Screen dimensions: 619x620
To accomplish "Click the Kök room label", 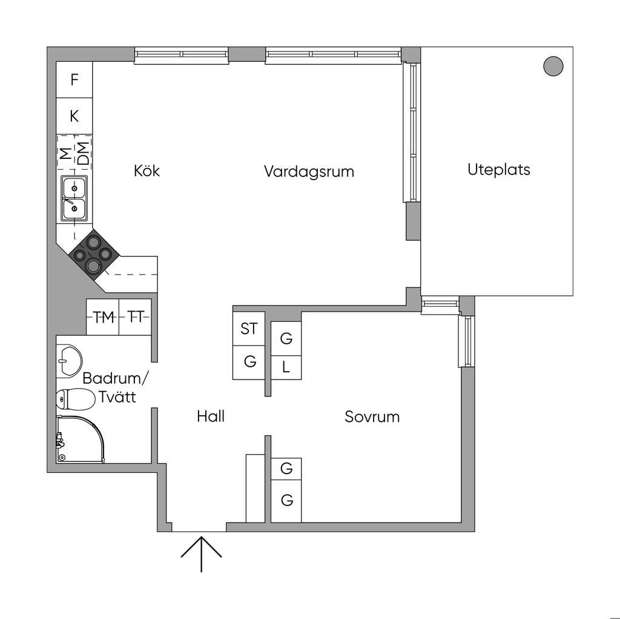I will [147, 171].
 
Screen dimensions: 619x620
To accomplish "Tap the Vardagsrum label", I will [309, 172].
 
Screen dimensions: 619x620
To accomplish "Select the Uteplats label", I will [498, 170].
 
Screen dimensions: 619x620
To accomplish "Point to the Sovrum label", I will [372, 417].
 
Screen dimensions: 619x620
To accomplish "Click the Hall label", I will [211, 417].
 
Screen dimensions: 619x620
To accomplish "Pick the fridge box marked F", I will [74, 79].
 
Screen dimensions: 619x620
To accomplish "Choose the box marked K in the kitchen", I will [74, 116].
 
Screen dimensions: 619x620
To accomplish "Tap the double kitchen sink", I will [74, 198].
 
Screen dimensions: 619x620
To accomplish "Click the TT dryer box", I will [135, 317].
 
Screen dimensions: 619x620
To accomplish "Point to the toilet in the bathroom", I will [74, 398].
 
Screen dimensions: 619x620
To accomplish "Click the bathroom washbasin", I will [68, 361].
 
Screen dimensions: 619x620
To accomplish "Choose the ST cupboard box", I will [249, 329].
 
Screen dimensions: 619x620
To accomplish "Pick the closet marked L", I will [286, 366].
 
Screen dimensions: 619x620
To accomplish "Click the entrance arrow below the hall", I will [201, 554].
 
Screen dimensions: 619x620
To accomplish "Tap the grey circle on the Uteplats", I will [553, 65].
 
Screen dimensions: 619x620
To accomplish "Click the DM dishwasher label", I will [83, 153].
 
